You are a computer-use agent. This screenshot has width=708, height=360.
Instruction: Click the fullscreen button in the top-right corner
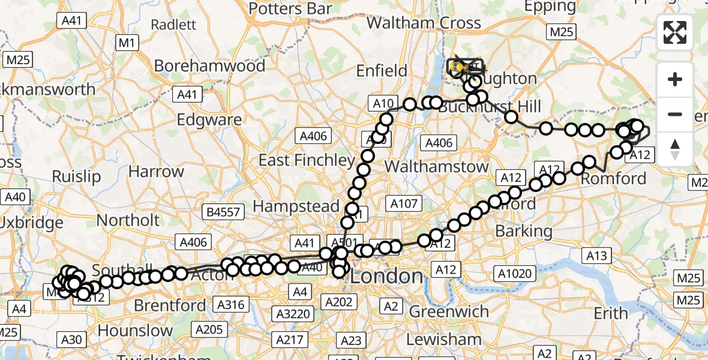[x=675, y=32]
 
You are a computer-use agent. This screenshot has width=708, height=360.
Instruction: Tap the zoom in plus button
[x=675, y=79]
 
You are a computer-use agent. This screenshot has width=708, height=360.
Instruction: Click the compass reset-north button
[x=675, y=148]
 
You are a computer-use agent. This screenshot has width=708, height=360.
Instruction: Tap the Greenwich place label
[x=449, y=311]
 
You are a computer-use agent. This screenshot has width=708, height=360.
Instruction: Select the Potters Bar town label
[x=290, y=8]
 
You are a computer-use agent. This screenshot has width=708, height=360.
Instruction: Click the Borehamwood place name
[x=209, y=65]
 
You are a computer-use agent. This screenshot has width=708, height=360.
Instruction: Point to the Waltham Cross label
[x=424, y=23]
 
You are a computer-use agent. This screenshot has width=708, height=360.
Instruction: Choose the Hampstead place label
[x=296, y=206]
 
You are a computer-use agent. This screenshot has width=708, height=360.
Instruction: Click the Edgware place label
[x=209, y=119]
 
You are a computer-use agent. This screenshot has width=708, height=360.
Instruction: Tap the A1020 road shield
[x=515, y=274]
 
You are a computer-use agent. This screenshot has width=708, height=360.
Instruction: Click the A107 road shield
[x=404, y=204]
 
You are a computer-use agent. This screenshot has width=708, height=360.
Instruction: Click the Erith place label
[x=611, y=313]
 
